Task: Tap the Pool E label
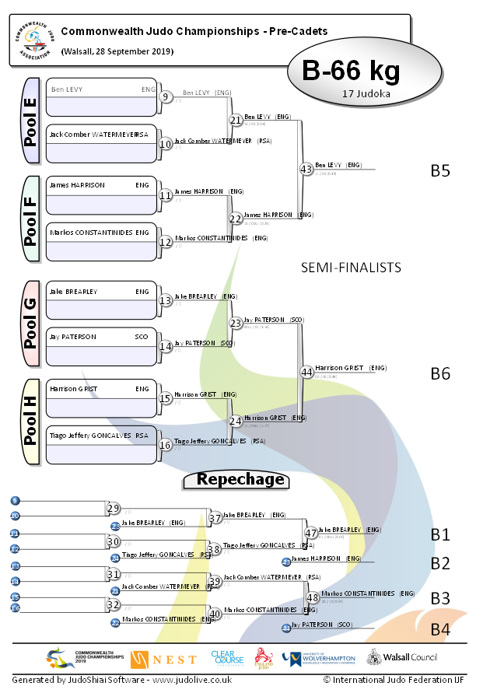(31, 121)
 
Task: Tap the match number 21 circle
(236, 120)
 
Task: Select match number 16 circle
(165, 445)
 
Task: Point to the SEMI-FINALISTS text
(351, 268)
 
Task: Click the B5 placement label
(440, 170)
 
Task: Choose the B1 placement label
(440, 534)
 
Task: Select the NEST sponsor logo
(163, 659)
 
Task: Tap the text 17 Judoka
(366, 93)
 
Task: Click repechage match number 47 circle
(311, 533)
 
